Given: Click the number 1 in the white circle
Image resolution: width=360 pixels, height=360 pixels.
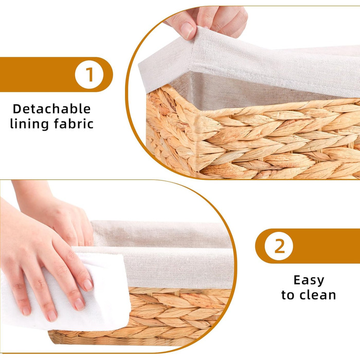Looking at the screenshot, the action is pos(89,75).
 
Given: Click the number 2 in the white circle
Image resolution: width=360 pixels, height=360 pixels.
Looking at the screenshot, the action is pos(279,246).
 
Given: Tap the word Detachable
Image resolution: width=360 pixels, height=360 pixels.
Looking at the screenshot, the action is pos(51,109).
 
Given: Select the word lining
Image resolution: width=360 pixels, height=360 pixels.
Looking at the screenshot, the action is pos(29,123).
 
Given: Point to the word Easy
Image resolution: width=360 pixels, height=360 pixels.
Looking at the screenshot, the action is pos(309,280).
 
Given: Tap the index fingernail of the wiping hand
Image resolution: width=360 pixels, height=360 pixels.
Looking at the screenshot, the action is pos(88,285).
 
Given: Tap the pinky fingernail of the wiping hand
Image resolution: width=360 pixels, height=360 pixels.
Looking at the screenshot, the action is pos(26,311).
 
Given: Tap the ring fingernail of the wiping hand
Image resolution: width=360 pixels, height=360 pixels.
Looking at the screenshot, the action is pos(52,316).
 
